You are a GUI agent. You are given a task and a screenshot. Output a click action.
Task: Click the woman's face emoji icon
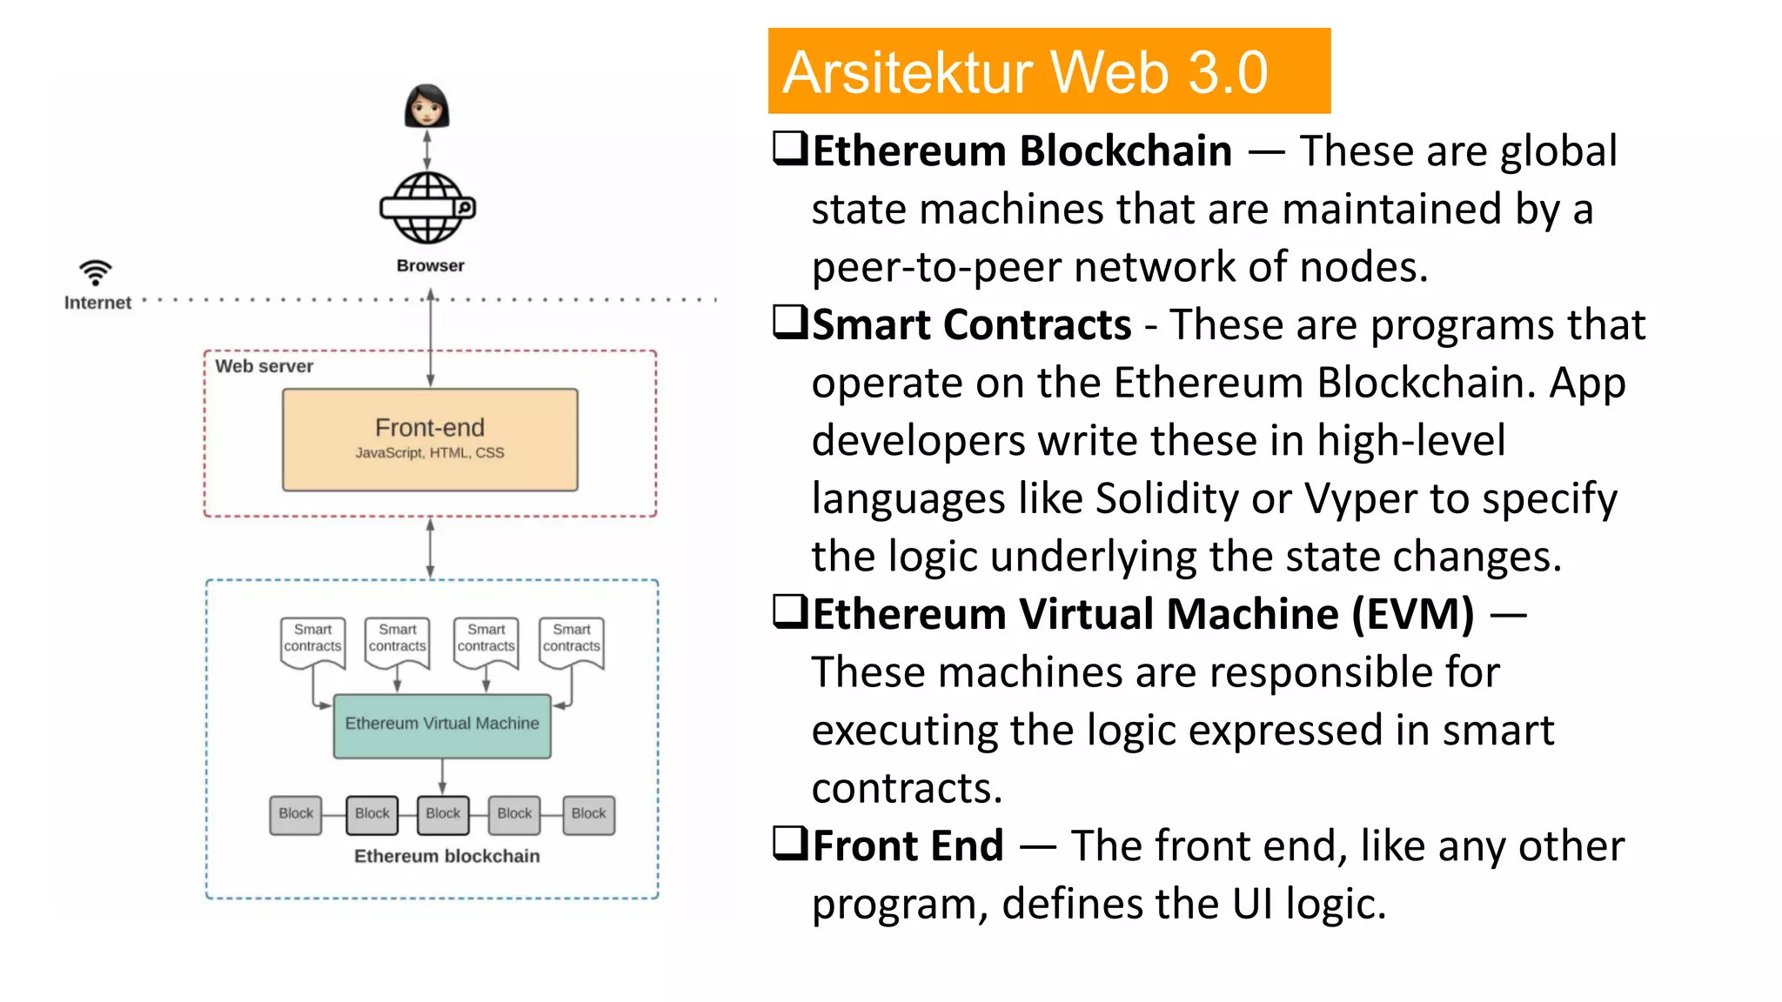coord(426,106)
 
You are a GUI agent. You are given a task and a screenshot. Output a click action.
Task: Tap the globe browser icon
coord(427,208)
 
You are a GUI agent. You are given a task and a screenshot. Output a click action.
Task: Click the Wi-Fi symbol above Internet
coord(96,272)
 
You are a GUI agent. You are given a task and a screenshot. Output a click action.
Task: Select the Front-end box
coord(430,439)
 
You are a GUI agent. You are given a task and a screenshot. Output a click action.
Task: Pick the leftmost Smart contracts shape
coord(312,642)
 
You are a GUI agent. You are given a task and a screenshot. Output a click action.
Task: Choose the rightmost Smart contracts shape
coord(572,642)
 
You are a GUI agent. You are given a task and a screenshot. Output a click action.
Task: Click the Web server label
coord(264,366)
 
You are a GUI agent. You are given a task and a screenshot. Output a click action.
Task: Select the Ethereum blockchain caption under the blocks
coord(446,856)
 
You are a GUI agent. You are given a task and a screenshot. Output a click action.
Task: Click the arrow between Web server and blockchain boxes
coord(430,548)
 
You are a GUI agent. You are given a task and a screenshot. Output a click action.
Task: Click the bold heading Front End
coord(908,845)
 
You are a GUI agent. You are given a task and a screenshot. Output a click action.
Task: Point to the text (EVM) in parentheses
coord(1413,614)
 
